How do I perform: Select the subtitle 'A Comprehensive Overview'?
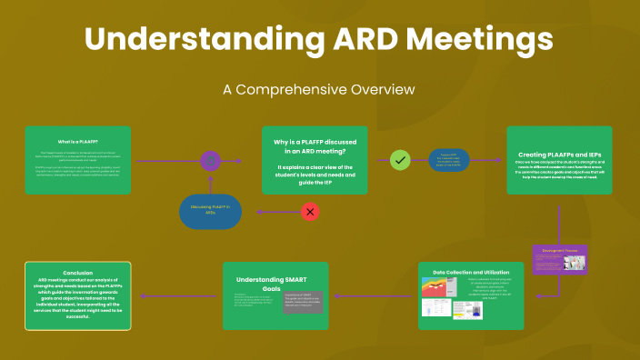(319, 89)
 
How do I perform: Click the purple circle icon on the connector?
(211, 161)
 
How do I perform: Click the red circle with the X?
(310, 212)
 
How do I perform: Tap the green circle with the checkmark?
(399, 160)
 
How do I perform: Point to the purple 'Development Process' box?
(559, 259)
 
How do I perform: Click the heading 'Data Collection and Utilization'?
(471, 272)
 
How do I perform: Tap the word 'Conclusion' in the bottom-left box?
(78, 272)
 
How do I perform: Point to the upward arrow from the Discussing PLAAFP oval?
(211, 182)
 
